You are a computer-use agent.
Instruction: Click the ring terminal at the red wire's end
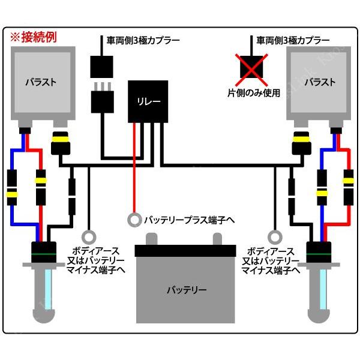[134, 220]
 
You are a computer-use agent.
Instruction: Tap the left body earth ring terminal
[89, 236]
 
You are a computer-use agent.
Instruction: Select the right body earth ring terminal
[275, 236]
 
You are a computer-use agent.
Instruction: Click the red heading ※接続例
[34, 37]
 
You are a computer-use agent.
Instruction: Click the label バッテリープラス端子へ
[190, 220]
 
